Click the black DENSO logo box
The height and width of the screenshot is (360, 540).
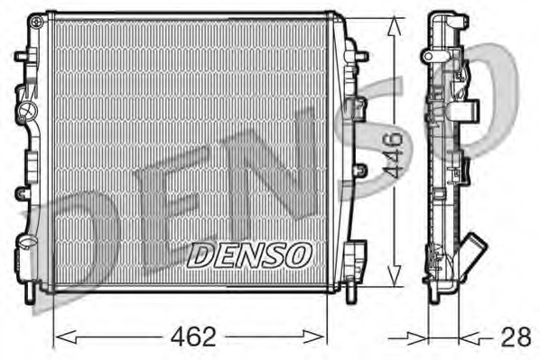pos(248,256)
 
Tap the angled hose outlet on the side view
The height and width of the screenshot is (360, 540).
pos(473,252)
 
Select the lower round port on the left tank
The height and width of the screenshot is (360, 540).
pos(26,243)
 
